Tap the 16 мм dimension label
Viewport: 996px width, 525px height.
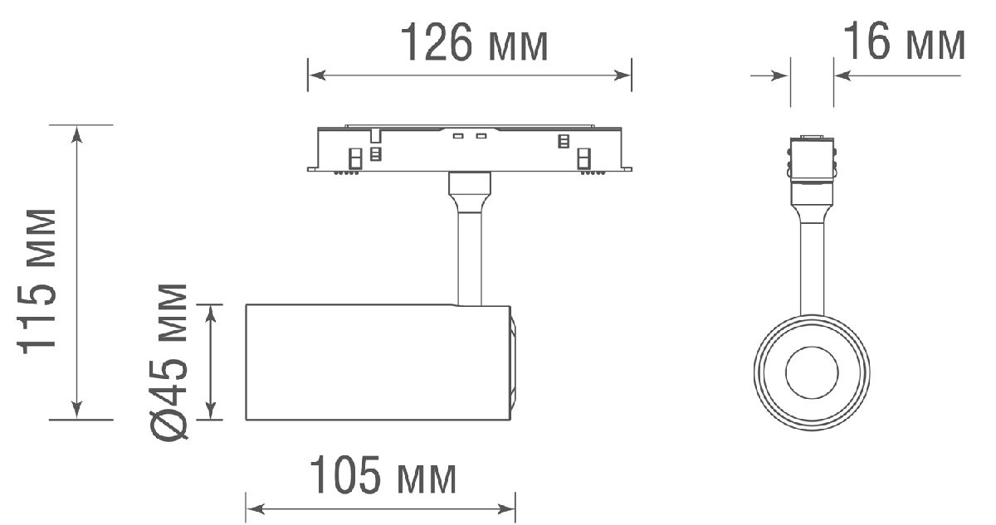[x=904, y=43]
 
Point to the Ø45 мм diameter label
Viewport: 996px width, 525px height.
[x=170, y=361]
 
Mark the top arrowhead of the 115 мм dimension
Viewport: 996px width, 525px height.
[x=77, y=134]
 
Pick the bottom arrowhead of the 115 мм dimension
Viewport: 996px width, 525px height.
[x=77, y=411]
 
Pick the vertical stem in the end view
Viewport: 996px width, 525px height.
[x=812, y=265]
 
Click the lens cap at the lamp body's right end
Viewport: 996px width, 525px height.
[x=513, y=362]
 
